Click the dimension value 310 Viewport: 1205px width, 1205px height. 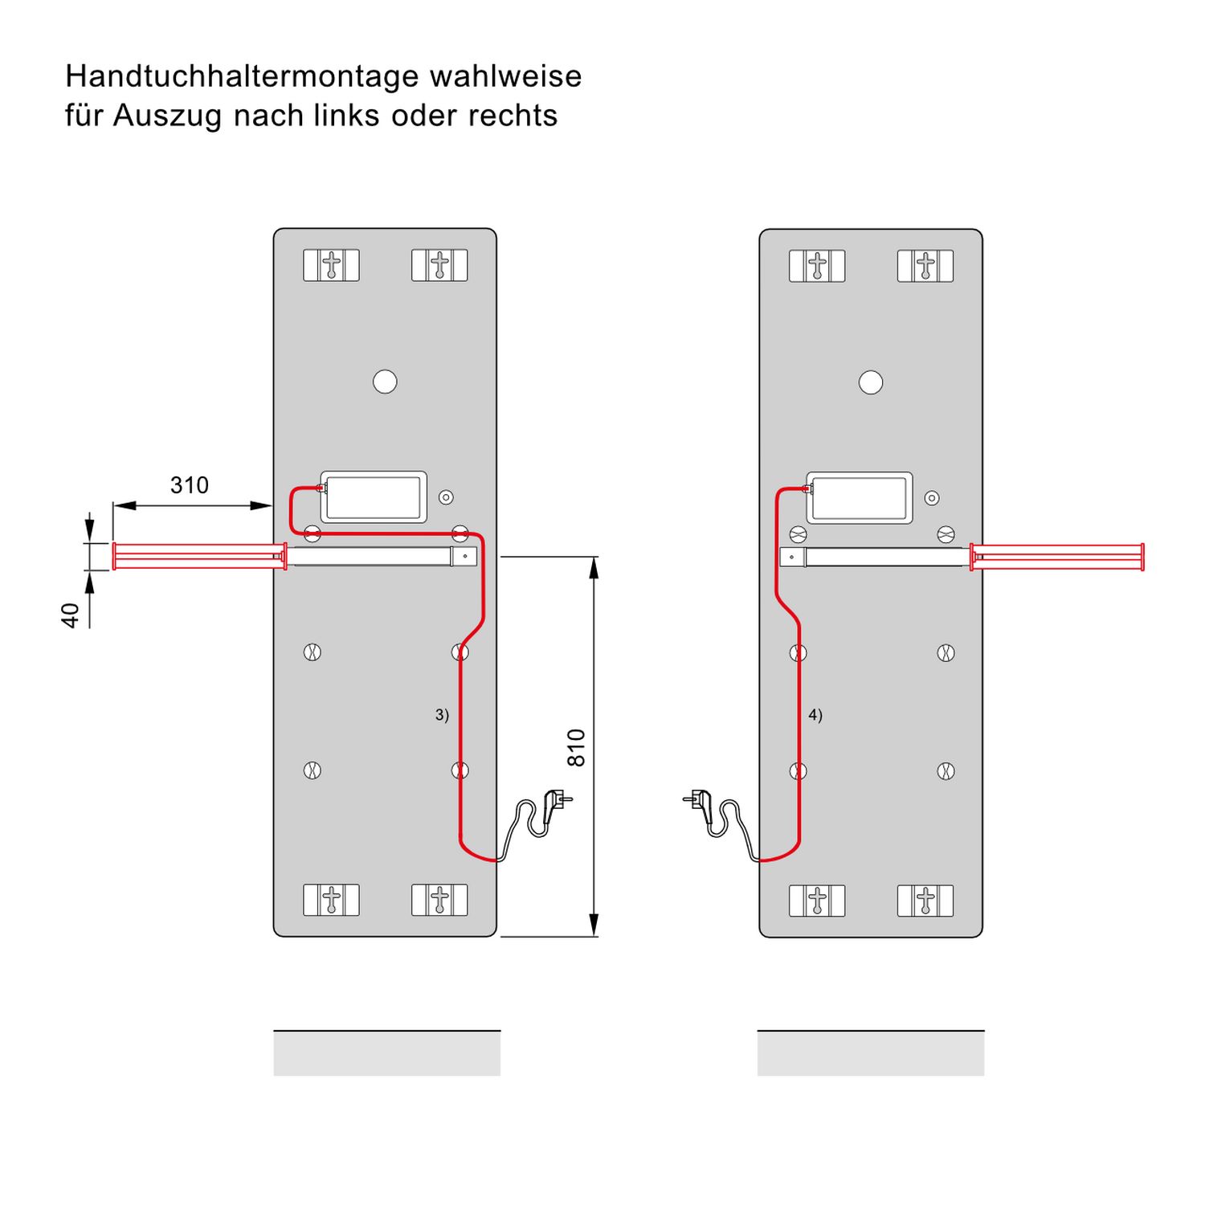tap(189, 485)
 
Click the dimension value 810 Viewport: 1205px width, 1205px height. tap(576, 747)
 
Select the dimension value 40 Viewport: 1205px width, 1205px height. tap(71, 615)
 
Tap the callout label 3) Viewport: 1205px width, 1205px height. tap(442, 714)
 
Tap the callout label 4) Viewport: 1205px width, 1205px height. tap(815, 714)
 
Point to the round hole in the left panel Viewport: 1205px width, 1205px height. tap(385, 382)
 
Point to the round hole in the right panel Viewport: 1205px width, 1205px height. tap(871, 382)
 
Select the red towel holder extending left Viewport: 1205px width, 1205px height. tap(198, 556)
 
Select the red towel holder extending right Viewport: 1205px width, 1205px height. tap(1057, 556)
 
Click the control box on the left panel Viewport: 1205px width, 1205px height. tap(374, 497)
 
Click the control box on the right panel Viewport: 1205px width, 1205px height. tap(860, 498)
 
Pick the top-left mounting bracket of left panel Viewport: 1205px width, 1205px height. tap(331, 265)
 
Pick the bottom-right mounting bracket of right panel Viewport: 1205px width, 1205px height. tap(925, 901)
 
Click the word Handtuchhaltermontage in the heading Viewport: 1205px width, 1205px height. tap(242, 77)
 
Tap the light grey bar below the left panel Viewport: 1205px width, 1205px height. tap(386, 1054)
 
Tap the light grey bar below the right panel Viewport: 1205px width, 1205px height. tap(871, 1054)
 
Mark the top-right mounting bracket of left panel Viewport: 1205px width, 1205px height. tap(439, 265)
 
